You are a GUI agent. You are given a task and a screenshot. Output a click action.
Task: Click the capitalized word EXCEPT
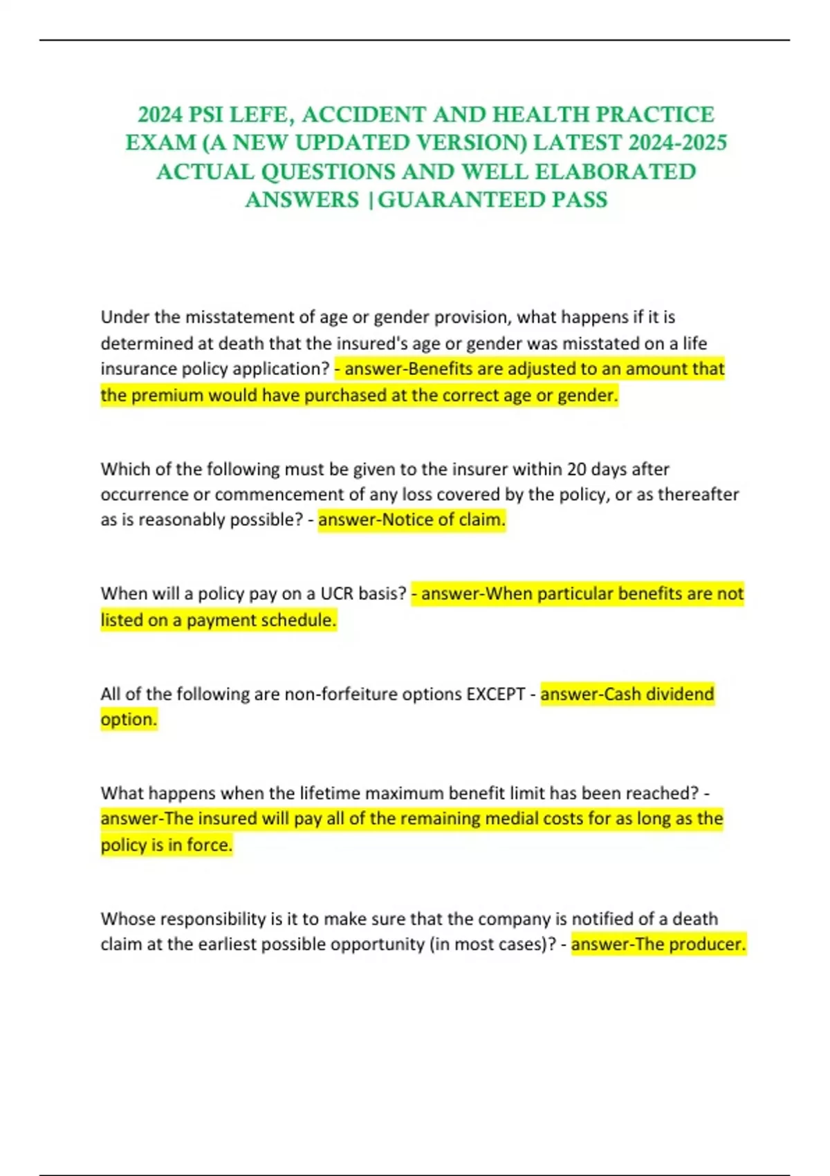(495, 694)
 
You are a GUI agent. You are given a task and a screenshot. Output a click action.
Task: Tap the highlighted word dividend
(680, 694)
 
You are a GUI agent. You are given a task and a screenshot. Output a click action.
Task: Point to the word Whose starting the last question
(124, 919)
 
